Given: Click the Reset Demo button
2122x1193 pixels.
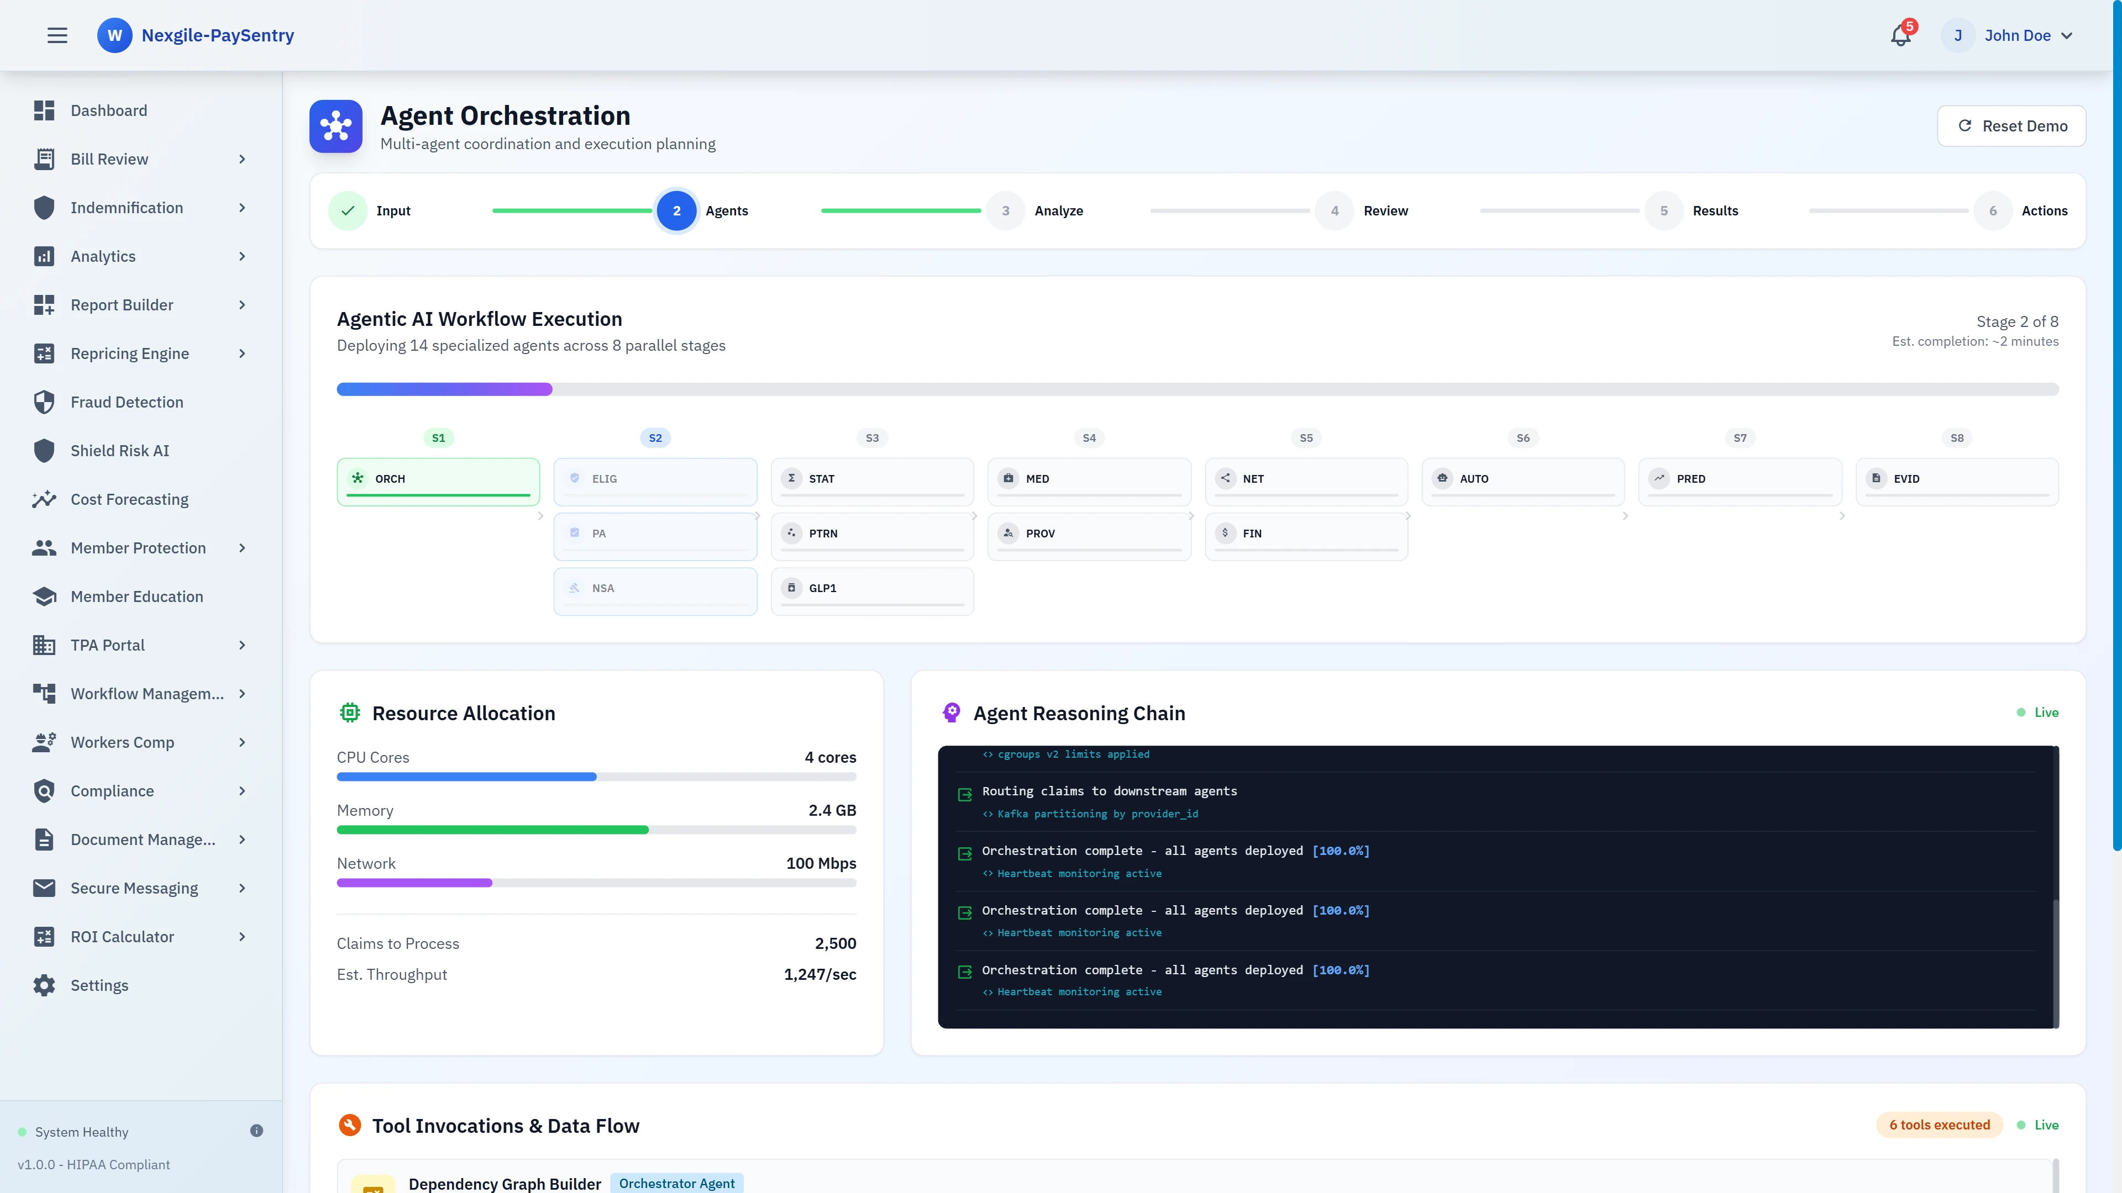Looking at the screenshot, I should click(2011, 126).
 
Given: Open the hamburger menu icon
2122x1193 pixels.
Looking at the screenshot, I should click(57, 35).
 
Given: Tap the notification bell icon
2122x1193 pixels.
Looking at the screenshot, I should click(1900, 35).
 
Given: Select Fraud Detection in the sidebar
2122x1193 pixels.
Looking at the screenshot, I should click(127, 402).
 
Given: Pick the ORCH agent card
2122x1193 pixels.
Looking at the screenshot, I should click(438, 481).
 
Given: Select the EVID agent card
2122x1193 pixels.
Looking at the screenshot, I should click(1956, 481).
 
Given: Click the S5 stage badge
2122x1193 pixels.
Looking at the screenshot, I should click(1306, 438).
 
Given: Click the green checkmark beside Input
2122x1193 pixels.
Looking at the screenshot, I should click(348, 211).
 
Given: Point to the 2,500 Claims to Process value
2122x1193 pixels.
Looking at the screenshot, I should click(836, 943).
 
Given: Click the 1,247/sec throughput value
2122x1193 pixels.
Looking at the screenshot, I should click(820, 975).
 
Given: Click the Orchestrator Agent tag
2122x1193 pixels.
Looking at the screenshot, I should click(676, 1183).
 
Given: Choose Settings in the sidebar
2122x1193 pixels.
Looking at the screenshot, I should click(99, 985).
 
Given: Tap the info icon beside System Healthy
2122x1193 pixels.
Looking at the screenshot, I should click(256, 1131).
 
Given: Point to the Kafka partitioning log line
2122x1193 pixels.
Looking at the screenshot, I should click(1097, 814).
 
